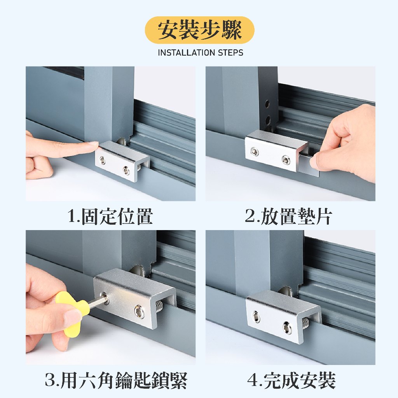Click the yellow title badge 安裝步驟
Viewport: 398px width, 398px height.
(199, 30)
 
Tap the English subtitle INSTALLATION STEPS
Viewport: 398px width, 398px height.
(201, 53)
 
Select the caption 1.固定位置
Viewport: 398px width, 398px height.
(110, 216)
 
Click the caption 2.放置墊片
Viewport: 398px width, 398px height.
(289, 216)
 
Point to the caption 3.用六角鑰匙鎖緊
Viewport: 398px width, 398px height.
(116, 380)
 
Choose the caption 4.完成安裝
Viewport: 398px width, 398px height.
(292, 380)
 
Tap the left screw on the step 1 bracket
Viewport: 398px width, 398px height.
(102, 160)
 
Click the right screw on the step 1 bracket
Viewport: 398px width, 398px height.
(126, 170)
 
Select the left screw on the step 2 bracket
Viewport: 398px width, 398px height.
(255, 152)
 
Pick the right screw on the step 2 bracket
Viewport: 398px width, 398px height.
(286, 160)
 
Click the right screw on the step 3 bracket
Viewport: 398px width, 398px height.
(140, 311)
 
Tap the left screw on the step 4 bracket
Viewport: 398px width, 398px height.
(256, 317)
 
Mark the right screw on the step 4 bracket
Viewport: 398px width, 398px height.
(287, 328)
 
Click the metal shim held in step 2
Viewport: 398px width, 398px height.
(308, 165)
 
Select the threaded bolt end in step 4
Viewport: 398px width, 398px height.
(305, 323)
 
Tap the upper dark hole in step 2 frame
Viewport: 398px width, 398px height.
(267, 103)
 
